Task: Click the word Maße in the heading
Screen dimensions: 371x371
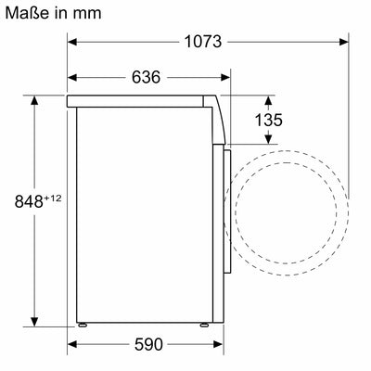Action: pyautogui.click(x=28, y=14)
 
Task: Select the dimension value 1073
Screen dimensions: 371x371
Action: pyautogui.click(x=203, y=42)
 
